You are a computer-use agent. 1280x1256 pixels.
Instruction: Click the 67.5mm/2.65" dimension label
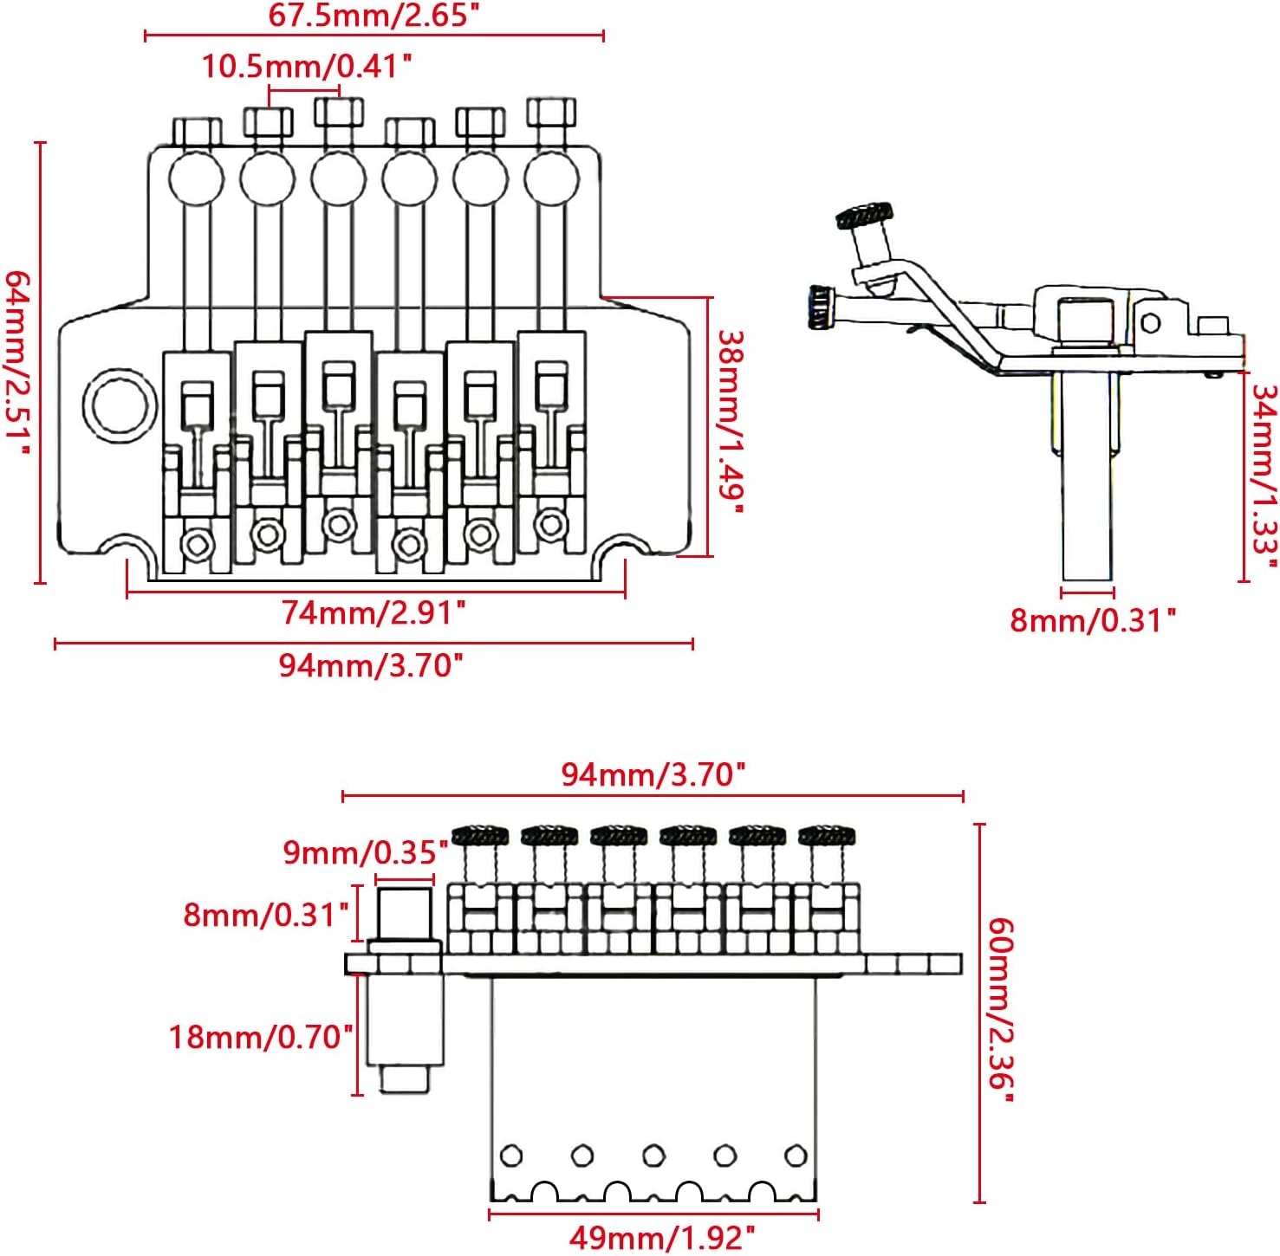pos(373,16)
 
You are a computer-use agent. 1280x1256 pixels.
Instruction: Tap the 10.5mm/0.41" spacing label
pos(307,66)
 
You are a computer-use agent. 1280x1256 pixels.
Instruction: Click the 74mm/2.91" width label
pos(374,613)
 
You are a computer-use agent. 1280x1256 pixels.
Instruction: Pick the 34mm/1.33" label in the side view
pos(1264,476)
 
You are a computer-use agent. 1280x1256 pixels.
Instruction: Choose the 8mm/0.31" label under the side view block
pos(1093,620)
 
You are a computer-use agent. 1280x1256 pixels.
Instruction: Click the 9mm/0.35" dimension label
pos(365,852)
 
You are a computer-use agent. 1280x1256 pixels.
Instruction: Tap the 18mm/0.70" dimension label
pos(260,1036)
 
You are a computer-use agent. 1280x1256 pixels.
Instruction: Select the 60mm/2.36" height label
pos(1000,1010)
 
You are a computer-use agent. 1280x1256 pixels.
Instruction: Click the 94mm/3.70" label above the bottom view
pos(653,774)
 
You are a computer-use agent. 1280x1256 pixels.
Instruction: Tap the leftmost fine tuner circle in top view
pos(197,179)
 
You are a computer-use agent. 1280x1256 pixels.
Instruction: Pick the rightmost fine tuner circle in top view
pos(551,179)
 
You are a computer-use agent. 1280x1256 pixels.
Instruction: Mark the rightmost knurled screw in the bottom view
pos(827,836)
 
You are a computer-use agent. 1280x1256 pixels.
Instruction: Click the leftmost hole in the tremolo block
pos(511,1156)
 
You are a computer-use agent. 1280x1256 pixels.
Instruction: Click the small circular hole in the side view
pos(1151,323)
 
